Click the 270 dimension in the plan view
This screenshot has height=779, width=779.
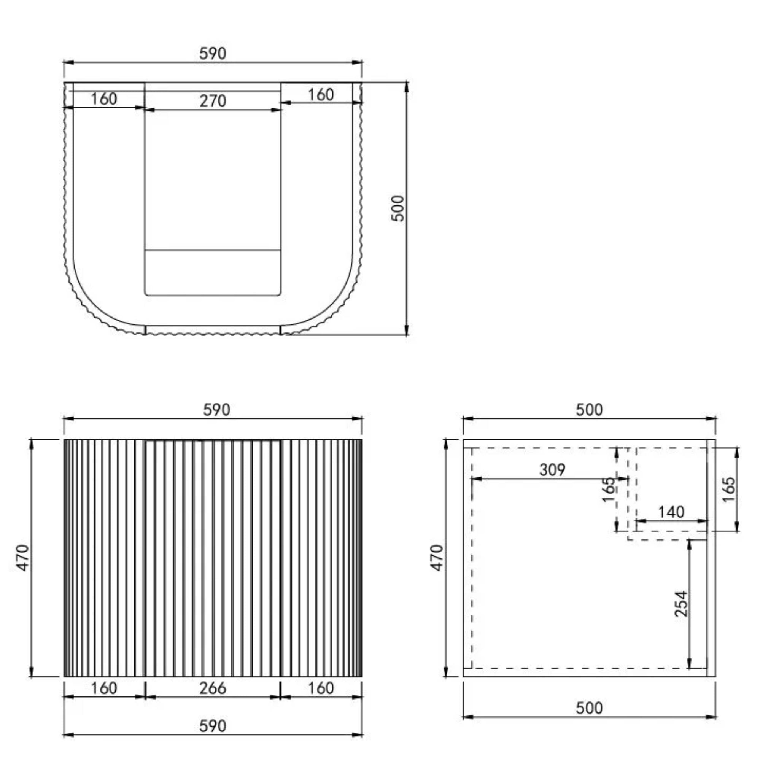213,101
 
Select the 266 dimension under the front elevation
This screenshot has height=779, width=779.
213,688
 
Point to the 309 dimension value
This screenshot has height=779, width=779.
552,469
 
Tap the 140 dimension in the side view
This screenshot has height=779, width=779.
671,512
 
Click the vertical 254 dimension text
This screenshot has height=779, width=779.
681,604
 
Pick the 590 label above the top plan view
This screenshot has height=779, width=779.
213,53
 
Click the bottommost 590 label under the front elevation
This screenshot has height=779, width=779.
213,726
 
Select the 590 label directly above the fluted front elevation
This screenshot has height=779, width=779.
216,410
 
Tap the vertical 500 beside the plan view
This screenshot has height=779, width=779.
397,208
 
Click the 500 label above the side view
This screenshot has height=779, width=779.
589,410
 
